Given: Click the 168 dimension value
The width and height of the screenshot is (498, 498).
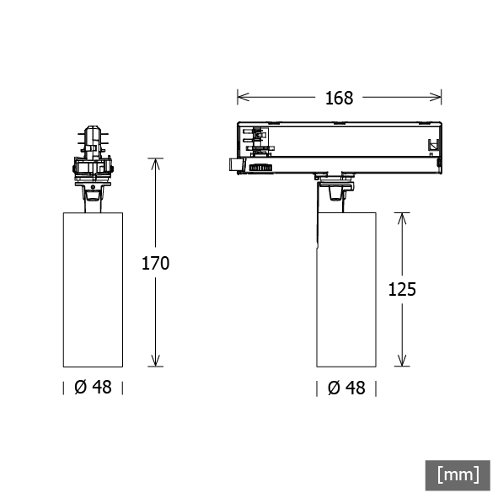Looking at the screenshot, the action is (339, 98).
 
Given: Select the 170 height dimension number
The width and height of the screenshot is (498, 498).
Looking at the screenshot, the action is (155, 263).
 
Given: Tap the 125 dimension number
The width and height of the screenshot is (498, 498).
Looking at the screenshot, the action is (402, 289).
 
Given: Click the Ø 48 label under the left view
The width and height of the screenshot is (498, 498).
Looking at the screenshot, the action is (93, 387).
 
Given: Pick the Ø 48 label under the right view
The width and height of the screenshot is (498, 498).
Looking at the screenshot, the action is (346, 388).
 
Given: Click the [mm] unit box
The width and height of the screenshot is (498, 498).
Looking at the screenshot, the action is (458, 475).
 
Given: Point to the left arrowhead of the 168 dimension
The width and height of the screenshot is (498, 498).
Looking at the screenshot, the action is (243, 97).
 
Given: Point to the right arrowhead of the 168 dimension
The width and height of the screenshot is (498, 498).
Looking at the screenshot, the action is (436, 97).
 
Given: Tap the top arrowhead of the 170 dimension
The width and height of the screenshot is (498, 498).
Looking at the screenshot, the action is (155, 163).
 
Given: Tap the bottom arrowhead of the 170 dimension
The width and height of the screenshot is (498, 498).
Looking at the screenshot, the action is (155, 361).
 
